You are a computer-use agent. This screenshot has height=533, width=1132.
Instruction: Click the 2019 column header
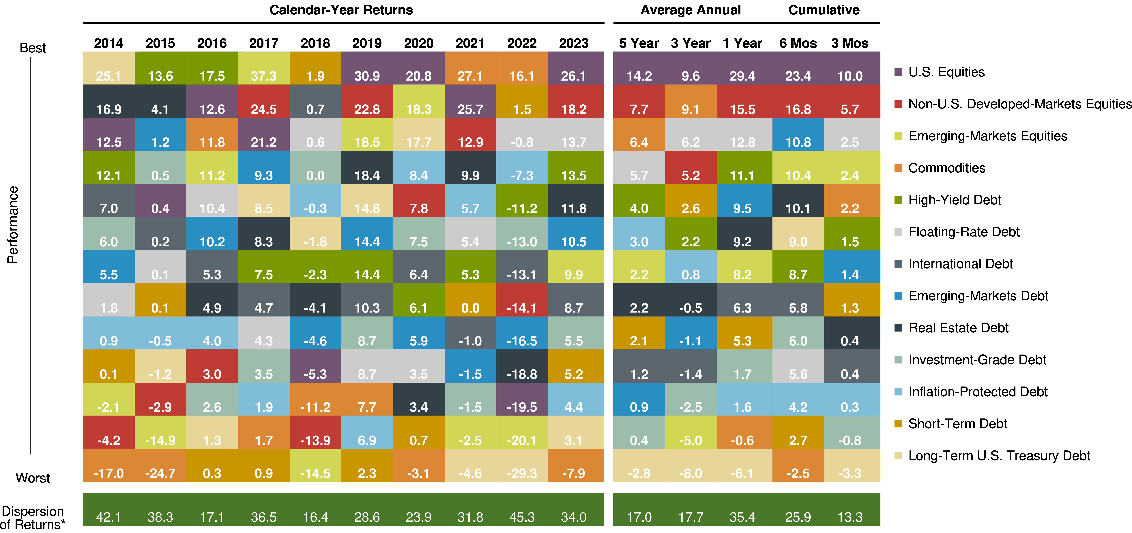pyautogui.click(x=367, y=43)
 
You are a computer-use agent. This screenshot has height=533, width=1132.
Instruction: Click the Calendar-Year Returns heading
pyautogui.click(x=341, y=10)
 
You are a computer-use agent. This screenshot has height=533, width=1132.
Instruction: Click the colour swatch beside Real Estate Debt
pyautogui.click(x=898, y=328)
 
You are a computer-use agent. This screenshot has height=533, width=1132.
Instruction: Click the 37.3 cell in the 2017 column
pyautogui.click(x=264, y=75)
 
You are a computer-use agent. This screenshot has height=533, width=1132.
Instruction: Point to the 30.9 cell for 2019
pyautogui.click(x=367, y=75)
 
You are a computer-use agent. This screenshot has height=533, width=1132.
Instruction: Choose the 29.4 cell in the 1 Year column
pyautogui.click(x=742, y=75)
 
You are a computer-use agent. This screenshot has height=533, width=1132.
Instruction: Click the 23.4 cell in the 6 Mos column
pyautogui.click(x=798, y=75)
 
